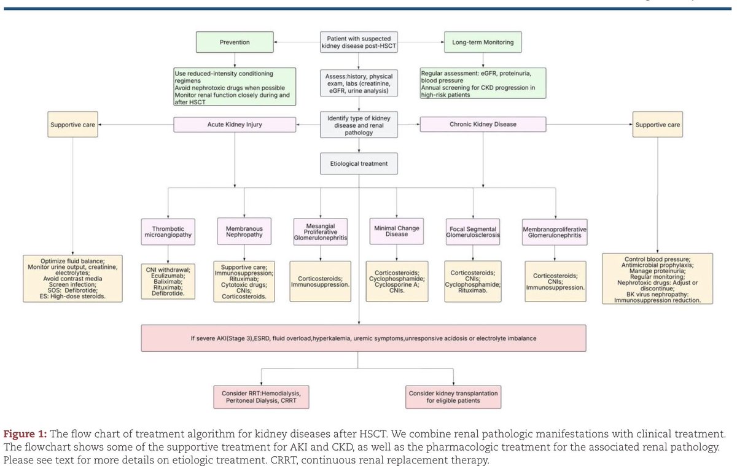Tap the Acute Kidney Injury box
[x=235, y=125]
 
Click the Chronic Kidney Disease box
[x=483, y=125]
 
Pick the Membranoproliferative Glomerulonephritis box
[x=555, y=232]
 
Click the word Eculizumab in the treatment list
[x=166, y=276]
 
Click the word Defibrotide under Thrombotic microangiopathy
[x=166, y=294]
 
